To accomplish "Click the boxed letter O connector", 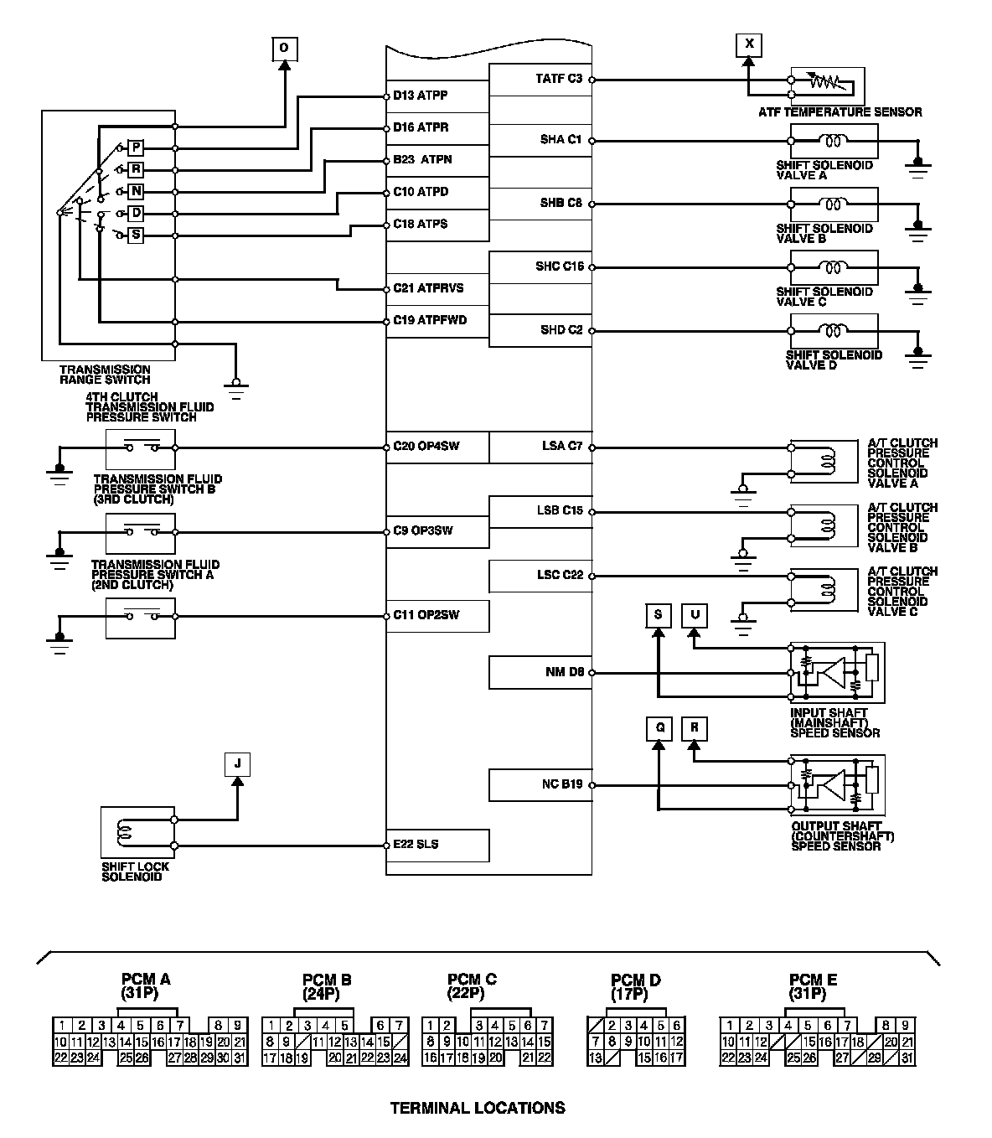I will (x=284, y=49).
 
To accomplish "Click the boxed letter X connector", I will (x=749, y=44).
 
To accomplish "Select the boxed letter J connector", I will (x=238, y=764).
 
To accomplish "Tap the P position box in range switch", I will (x=137, y=148).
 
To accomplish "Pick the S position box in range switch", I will (x=137, y=235).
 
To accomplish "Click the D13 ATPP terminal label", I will (x=421, y=96).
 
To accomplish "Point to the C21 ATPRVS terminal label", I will (x=428, y=288).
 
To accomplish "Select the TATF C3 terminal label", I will (x=559, y=79).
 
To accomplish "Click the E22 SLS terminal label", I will (x=416, y=844).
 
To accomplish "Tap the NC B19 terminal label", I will (x=562, y=785).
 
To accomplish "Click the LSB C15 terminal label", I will (x=560, y=510).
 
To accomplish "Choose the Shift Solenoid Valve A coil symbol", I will (x=834, y=141).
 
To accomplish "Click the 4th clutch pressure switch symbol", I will (x=141, y=448).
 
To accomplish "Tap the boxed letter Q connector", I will (x=659, y=728).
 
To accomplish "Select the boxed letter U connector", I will (x=695, y=615).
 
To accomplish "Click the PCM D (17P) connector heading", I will (x=636, y=986).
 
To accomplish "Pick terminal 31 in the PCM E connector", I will (x=907, y=1058).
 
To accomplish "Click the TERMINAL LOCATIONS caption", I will (x=478, y=1108).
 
